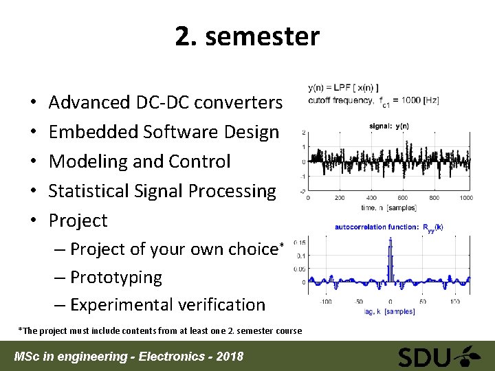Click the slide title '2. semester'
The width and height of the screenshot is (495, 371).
tap(247, 36)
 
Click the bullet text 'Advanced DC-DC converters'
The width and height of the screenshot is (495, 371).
tap(165, 102)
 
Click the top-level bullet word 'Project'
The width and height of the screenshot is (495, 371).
tap(78, 221)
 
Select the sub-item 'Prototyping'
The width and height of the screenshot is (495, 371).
tap(115, 278)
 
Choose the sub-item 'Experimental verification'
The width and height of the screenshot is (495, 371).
tap(167, 304)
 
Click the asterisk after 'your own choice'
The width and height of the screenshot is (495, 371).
tap(280, 245)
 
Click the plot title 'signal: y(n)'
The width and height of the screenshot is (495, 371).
tap(389, 126)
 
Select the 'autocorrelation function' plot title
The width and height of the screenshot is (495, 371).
tap(377, 227)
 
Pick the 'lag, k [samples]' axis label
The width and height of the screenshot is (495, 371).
tap(389, 311)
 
